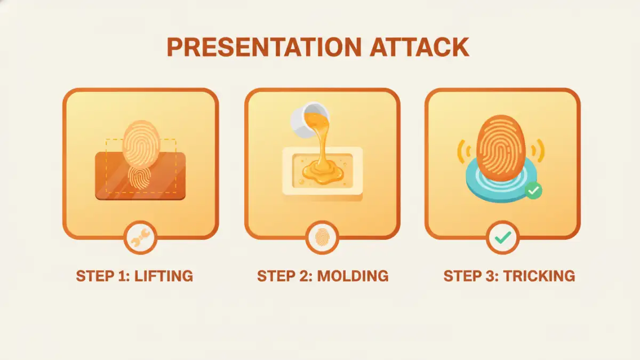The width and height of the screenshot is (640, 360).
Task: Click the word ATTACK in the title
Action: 419,47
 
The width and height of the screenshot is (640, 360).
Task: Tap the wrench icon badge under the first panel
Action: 140,237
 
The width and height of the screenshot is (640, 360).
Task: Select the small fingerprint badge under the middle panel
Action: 322,237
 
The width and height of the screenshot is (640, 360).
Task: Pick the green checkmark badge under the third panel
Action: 503,237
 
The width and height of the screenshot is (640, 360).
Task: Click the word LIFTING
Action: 164,276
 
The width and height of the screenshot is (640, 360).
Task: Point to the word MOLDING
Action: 353,276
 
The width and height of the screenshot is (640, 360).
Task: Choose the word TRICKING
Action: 539,276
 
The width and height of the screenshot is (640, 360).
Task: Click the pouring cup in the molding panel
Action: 310,119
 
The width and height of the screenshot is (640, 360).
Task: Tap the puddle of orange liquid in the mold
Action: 323,171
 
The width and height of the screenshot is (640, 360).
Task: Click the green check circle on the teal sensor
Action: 533,190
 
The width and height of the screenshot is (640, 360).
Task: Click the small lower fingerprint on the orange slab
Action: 139,178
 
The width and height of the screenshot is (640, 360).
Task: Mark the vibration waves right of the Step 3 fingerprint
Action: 538,151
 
